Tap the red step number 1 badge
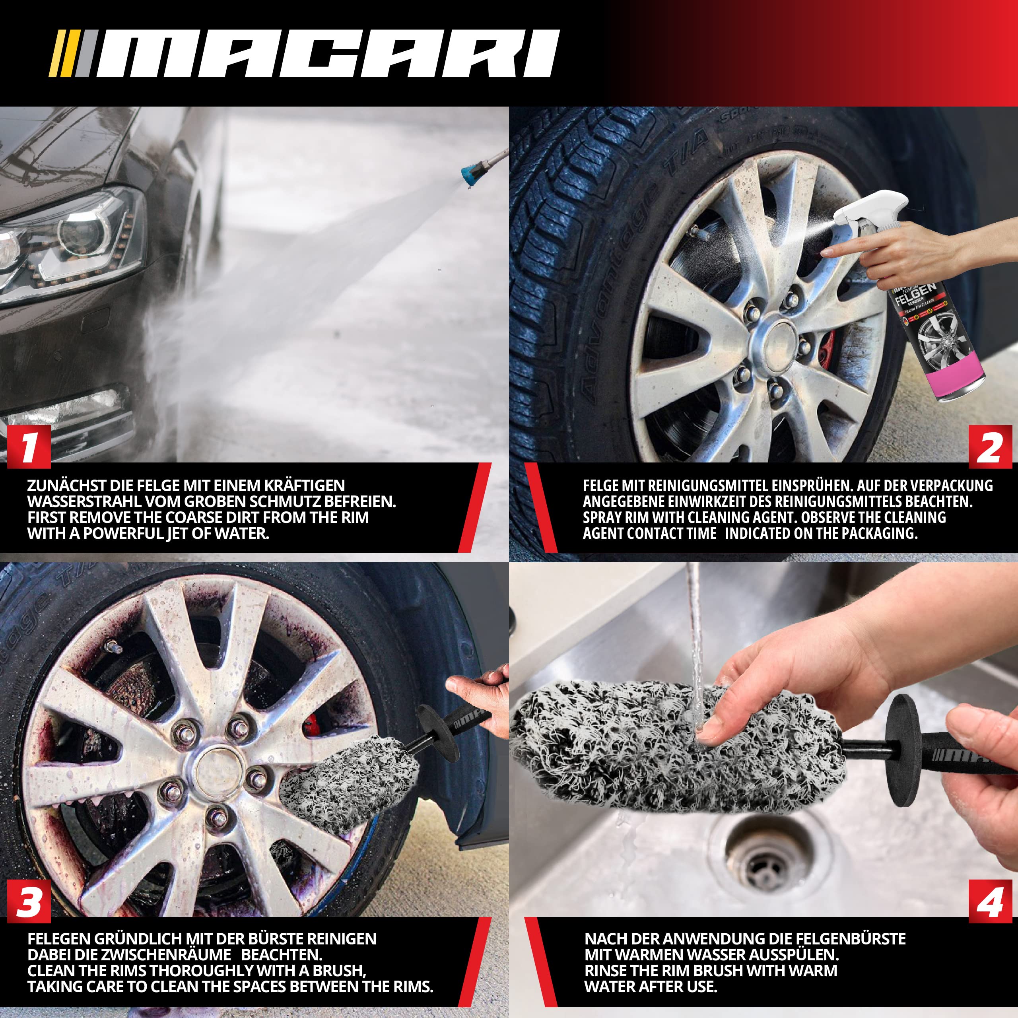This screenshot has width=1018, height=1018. [x=29, y=447]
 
